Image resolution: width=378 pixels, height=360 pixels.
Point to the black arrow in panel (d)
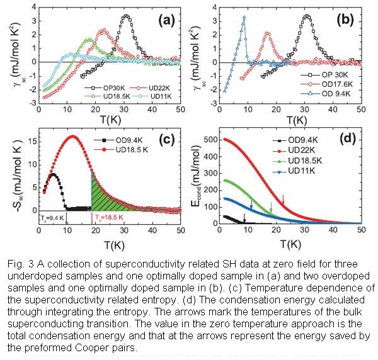click(244, 218)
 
